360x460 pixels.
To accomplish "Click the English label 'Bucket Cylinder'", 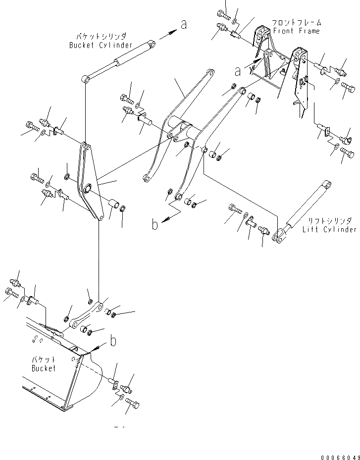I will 101,46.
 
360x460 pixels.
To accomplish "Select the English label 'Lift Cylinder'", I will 329,229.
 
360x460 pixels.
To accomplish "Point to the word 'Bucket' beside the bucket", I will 44,368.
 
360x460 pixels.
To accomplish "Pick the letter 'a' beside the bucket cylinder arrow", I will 184,24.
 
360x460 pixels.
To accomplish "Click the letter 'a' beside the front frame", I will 238,71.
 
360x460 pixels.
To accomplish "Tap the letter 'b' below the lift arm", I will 155,224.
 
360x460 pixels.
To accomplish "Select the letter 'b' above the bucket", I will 113,341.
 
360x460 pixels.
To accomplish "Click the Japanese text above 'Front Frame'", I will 296,23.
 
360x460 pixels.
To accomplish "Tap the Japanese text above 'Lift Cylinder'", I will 329,221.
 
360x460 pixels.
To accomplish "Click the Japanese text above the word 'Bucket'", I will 44,359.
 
